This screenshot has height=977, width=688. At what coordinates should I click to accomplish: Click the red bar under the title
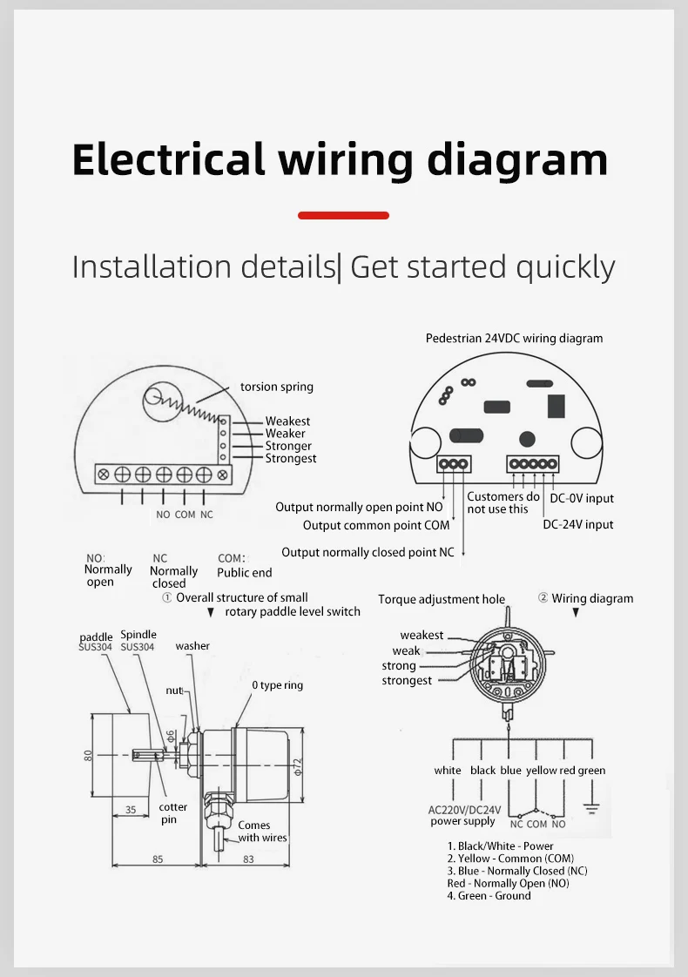click(x=343, y=216)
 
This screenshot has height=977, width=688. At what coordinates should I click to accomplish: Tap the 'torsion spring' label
click(x=277, y=387)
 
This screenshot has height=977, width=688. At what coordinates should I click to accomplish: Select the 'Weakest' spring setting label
click(x=287, y=421)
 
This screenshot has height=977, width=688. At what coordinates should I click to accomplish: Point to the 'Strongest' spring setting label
click(x=290, y=459)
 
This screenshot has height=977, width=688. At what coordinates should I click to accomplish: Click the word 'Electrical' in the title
click(x=169, y=159)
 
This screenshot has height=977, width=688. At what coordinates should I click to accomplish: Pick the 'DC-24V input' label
click(x=577, y=525)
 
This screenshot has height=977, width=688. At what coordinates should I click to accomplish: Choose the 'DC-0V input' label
click(x=582, y=498)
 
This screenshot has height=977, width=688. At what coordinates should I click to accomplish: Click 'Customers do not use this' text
click(x=503, y=502)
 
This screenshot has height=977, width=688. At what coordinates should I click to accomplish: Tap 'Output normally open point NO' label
click(x=359, y=507)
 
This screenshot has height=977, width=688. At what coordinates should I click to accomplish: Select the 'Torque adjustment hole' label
click(x=442, y=599)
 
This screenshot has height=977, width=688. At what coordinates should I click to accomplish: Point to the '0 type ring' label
click(x=277, y=685)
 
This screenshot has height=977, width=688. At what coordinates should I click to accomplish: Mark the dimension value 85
click(x=158, y=859)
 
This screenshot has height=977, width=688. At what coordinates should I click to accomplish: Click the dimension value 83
click(x=249, y=859)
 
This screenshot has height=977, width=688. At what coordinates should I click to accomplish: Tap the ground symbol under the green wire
click(x=591, y=808)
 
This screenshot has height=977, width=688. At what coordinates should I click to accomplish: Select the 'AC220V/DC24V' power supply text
click(x=464, y=810)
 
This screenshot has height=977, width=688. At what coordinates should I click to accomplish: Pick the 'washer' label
click(x=192, y=646)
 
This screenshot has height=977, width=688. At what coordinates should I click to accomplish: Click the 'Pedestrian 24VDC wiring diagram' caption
click(x=514, y=339)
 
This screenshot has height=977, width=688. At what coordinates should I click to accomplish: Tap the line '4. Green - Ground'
click(x=489, y=896)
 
